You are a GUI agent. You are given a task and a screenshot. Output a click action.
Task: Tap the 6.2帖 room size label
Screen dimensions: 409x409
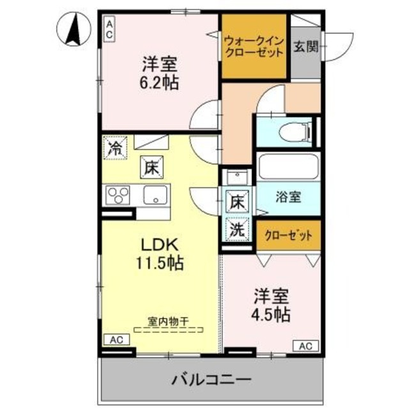[160, 82]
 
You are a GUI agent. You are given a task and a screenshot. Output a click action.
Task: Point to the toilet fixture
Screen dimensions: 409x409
[296, 132]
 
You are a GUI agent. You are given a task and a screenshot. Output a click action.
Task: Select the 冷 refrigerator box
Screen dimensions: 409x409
[116, 149]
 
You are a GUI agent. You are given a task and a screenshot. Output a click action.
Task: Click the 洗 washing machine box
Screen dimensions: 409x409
[237, 230]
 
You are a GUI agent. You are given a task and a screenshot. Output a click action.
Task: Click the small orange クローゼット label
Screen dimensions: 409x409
[288, 235]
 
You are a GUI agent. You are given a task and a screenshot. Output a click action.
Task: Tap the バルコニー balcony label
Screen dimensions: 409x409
[210, 380]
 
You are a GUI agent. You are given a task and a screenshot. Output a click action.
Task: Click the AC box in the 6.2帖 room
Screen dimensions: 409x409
[109, 29]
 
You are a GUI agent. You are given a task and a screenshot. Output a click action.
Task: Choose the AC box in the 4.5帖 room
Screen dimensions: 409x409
[305, 346]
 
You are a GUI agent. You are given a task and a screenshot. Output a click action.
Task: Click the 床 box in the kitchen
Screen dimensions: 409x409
[150, 169]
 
